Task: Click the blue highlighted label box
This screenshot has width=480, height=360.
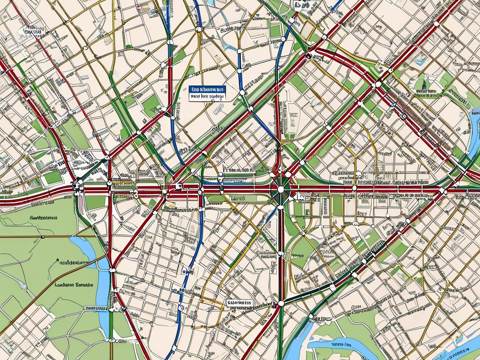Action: (x=207, y=89)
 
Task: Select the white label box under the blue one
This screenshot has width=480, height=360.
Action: (x=207, y=97)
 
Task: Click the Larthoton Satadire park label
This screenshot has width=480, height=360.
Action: (x=74, y=285)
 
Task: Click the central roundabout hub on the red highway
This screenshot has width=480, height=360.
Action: (x=280, y=190)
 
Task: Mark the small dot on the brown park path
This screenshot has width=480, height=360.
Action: (x=43, y=237)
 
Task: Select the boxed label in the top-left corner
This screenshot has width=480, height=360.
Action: (x=33, y=32)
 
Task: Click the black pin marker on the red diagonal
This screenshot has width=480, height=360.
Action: (x=308, y=55)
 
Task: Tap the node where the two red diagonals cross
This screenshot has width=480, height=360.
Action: (x=378, y=84)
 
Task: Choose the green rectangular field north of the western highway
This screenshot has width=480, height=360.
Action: (x=53, y=177)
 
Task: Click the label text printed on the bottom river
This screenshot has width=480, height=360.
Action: (x=344, y=345)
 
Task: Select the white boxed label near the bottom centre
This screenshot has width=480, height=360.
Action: (x=240, y=302)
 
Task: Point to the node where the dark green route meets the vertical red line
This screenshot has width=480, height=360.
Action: (x=281, y=302)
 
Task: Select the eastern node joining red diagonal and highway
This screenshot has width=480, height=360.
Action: (x=443, y=191)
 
